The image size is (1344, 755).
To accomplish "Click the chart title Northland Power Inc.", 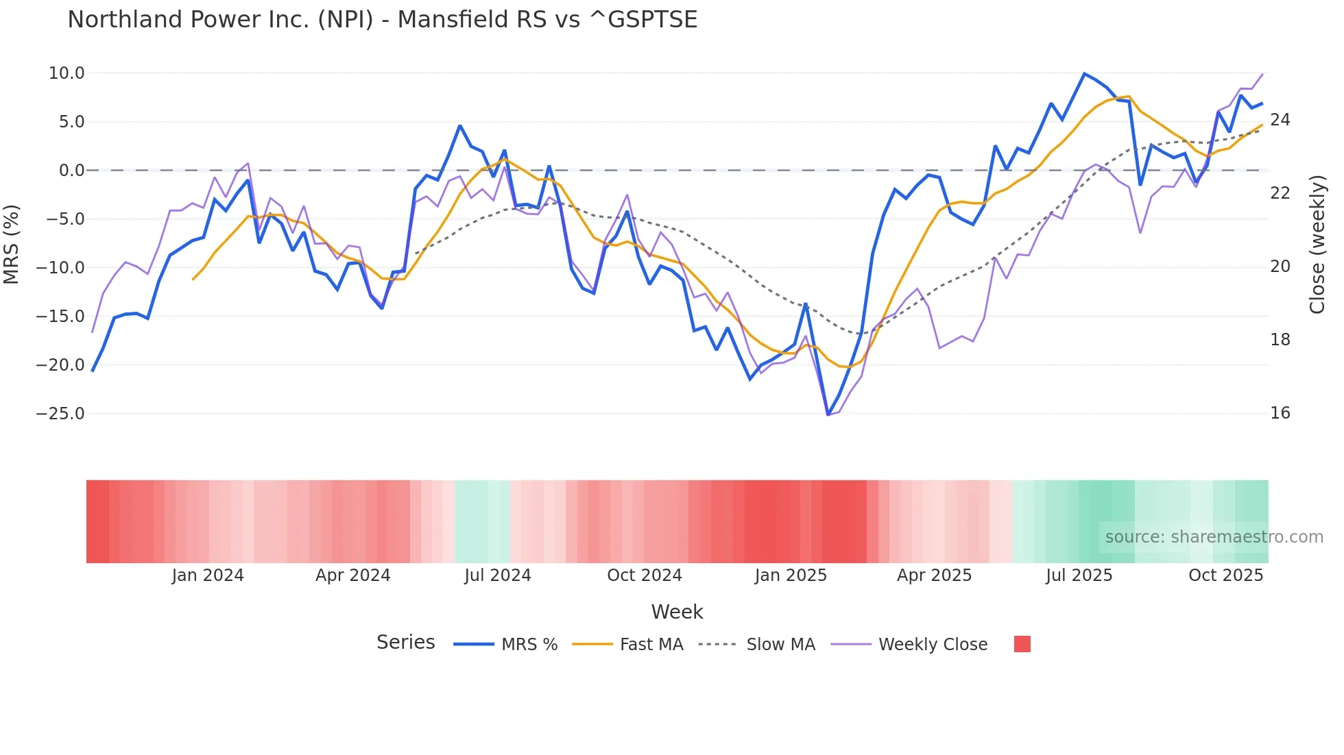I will (382, 20).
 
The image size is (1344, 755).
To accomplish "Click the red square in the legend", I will (1022, 644).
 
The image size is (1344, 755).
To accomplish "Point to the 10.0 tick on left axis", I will (67, 73).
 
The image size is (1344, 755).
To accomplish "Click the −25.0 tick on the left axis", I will (60, 414).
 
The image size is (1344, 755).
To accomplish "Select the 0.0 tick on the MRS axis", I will (71, 171).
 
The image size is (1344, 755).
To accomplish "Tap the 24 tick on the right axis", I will (1280, 120).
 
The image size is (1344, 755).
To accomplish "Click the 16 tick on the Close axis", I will (1280, 413).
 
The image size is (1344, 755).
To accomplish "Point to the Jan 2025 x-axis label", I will (791, 575).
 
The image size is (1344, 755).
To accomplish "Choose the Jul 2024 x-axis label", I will (498, 575).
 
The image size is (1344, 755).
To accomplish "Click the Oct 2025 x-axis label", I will (1225, 575).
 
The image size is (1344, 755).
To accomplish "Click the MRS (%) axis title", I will (12, 244).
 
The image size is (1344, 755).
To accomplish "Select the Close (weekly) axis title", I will (1317, 245).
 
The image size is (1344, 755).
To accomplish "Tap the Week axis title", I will (677, 612).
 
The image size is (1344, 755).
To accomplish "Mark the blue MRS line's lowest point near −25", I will (828, 414).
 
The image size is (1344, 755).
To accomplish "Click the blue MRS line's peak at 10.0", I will (1084, 73).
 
